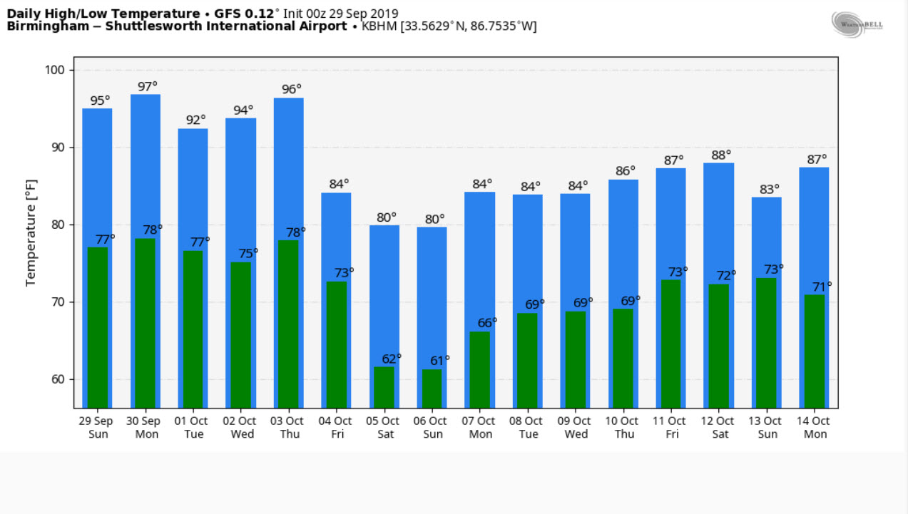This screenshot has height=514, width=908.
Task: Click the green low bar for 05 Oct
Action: point(384,386)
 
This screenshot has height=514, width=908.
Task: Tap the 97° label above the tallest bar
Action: point(148,86)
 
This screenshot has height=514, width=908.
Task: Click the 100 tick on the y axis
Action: point(58,70)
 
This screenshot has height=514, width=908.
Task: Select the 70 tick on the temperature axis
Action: point(58,302)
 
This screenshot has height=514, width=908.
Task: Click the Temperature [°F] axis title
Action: point(31,232)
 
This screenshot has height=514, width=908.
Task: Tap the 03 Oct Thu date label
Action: point(289,427)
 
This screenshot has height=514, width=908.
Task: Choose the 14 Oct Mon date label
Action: point(815,427)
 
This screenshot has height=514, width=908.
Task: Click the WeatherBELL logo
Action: point(857,24)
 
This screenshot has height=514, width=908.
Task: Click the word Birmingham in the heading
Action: point(41,26)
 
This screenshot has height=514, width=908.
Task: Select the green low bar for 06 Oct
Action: point(432,388)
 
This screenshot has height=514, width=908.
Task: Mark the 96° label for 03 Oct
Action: point(290,90)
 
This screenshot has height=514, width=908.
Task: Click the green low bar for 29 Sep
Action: point(98,327)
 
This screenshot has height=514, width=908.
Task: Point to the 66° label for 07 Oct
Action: point(487,322)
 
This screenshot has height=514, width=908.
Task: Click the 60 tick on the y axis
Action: point(58,379)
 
